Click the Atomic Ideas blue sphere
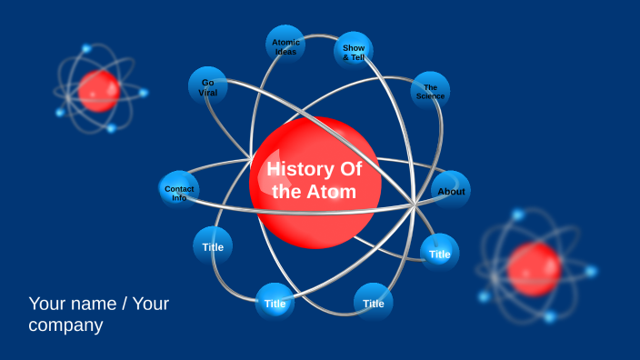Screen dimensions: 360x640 point(285,45)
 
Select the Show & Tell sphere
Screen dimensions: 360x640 point(354,51)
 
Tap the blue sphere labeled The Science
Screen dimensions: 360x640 point(430,91)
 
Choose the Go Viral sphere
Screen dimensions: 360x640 point(208,86)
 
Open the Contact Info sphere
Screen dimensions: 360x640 point(179,191)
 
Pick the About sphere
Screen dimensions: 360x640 point(450,190)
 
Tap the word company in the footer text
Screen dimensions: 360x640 point(65,325)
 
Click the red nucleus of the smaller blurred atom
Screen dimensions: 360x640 point(98,91)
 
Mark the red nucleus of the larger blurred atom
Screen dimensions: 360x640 point(534,269)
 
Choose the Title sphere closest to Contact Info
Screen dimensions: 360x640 point(213,246)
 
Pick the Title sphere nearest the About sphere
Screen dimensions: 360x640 point(440,254)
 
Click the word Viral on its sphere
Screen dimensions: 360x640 point(208,93)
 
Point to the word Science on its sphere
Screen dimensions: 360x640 point(431,96)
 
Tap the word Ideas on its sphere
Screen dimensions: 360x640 point(286,52)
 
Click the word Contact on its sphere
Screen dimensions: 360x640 point(179,188)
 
